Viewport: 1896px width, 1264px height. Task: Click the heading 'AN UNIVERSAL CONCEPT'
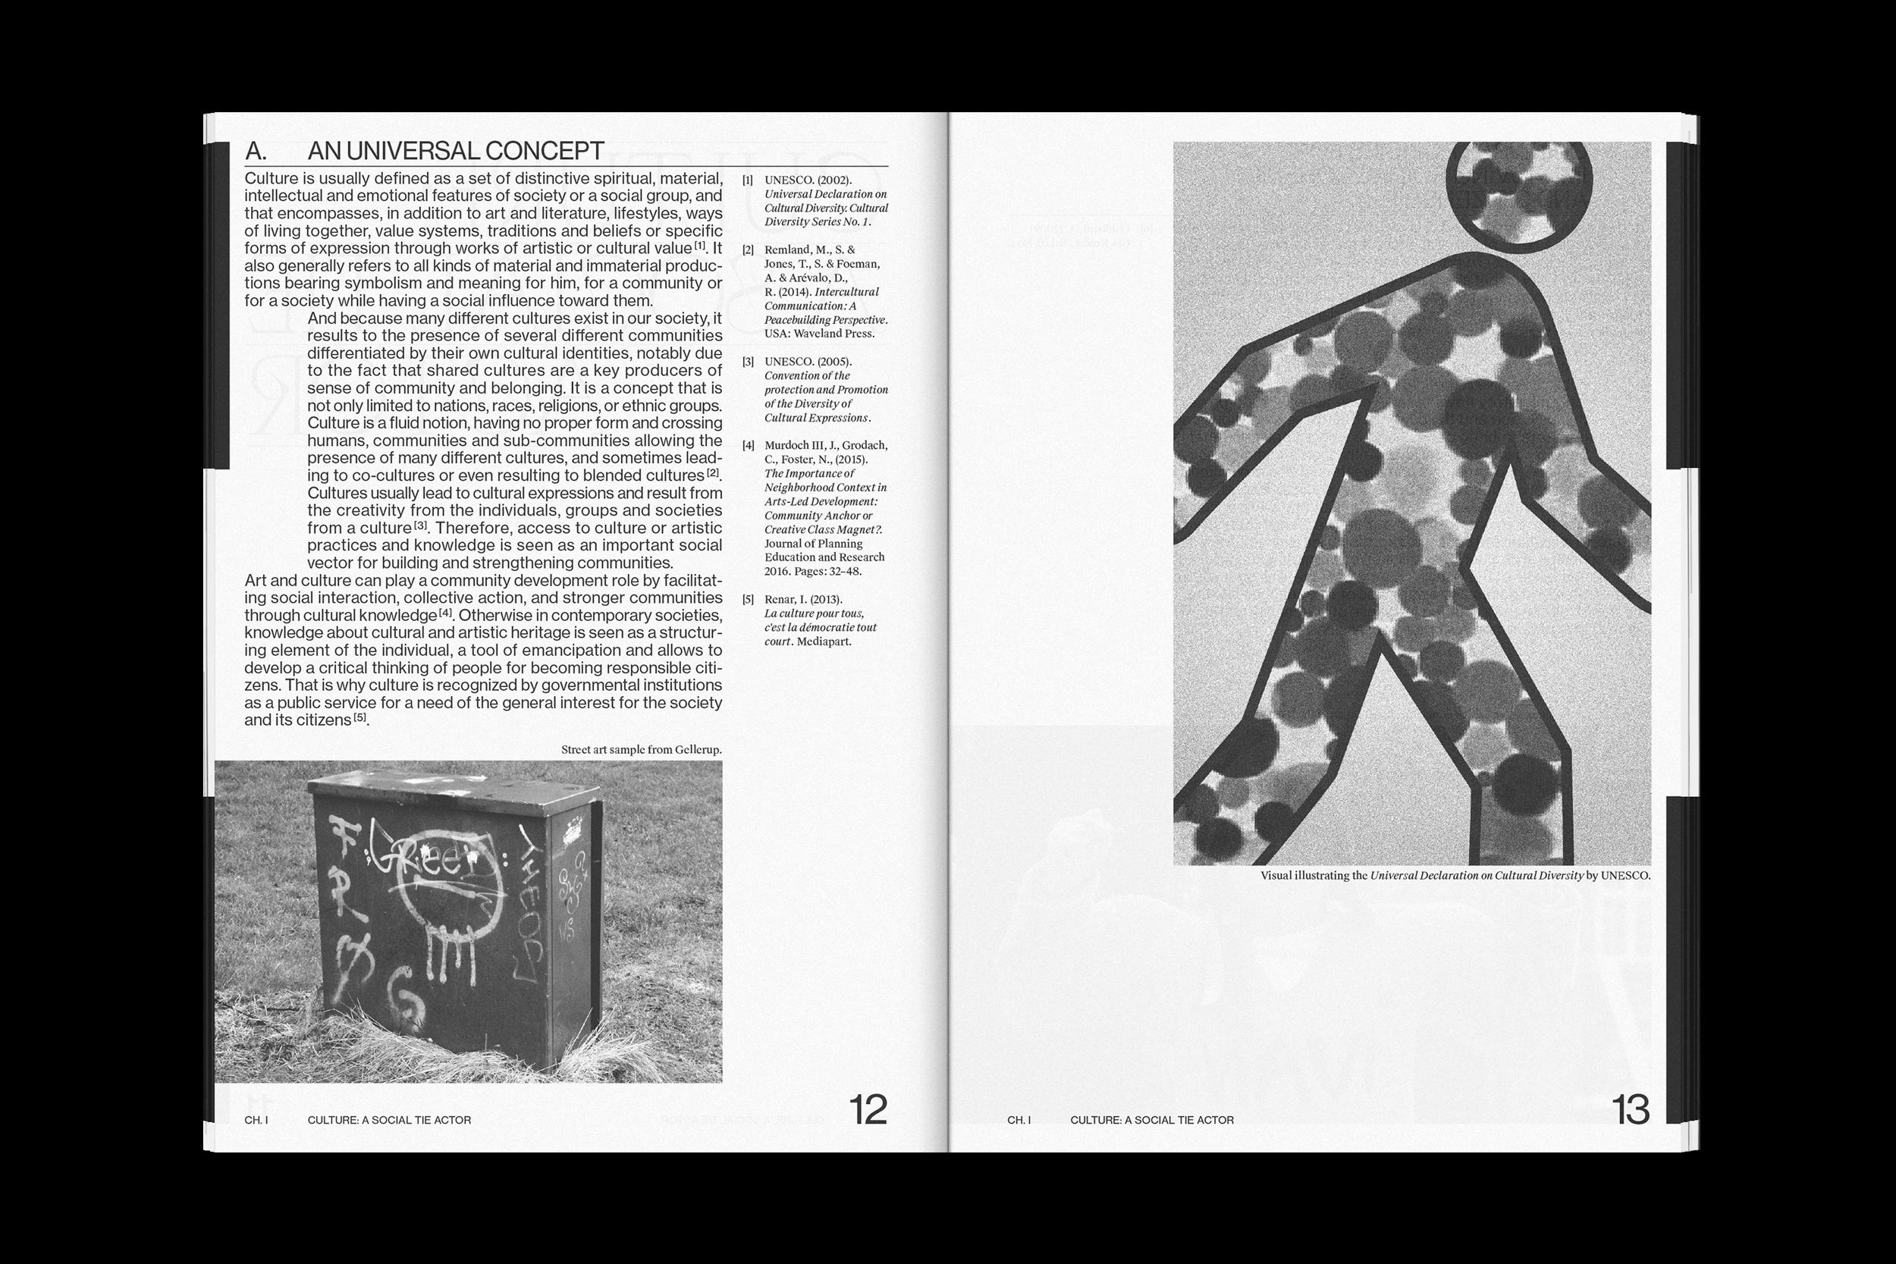pos(456,151)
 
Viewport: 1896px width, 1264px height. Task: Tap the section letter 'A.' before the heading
pos(256,151)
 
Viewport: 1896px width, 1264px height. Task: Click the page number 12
pos(868,1111)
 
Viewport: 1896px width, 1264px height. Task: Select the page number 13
pos(1631,1111)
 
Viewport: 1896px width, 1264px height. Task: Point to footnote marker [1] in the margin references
pos(747,180)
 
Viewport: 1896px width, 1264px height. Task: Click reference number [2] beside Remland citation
pos(747,250)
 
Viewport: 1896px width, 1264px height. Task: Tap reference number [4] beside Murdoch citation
pos(747,445)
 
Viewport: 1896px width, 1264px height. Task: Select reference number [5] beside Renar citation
pos(747,600)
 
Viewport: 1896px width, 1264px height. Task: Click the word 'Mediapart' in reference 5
pos(824,641)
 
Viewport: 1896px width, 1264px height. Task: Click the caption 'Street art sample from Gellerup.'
pos(641,750)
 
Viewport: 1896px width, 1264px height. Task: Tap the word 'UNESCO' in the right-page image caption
pos(1624,876)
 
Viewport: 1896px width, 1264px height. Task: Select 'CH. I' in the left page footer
pos(256,1120)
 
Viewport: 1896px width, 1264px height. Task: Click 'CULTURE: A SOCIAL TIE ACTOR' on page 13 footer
pos(1152,1120)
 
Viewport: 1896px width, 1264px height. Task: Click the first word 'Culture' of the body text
pos(270,179)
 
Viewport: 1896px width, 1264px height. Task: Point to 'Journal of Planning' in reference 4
pos(812,544)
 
